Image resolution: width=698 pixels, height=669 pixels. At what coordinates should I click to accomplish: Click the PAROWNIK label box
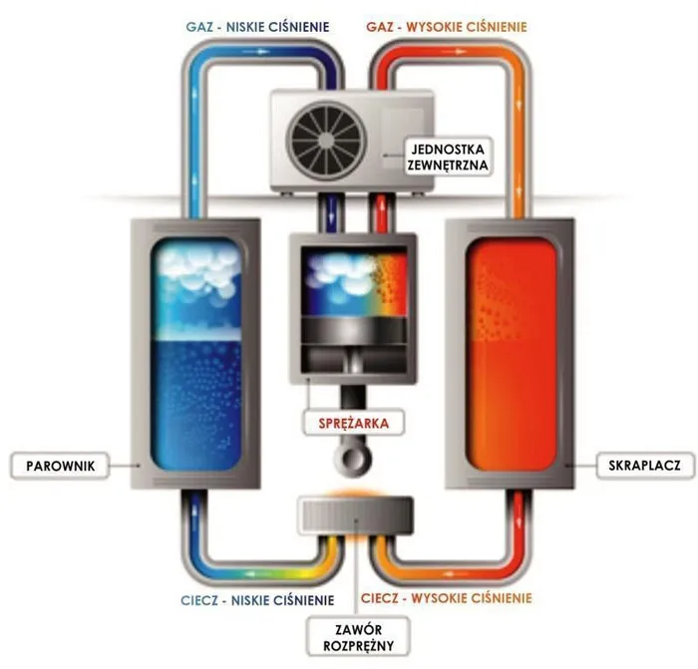pos(60,466)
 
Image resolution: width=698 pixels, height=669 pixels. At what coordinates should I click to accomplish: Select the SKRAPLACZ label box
pos(645,466)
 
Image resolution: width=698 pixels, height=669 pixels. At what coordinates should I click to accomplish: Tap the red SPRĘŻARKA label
pos(353,423)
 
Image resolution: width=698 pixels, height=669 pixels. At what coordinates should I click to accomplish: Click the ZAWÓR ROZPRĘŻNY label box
pos(358,637)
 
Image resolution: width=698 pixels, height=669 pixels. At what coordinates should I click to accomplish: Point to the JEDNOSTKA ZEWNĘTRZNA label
pos(448,157)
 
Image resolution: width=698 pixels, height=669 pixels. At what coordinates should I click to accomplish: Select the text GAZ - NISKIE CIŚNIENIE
pos(257,27)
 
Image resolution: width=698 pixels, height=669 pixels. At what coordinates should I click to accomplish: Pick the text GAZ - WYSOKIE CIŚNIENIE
pos(447,27)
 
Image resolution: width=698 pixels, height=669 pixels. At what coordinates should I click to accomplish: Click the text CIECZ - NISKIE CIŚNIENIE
pos(257,600)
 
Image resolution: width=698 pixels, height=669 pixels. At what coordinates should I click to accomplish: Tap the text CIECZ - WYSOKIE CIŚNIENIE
pos(446,598)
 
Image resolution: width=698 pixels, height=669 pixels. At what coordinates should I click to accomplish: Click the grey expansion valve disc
pos(355,515)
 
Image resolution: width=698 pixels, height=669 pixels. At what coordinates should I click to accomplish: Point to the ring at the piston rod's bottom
pos(353,458)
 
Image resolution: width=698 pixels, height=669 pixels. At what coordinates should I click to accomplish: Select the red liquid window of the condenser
pos(511,355)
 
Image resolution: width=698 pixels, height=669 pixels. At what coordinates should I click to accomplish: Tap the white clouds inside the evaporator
pos(198,268)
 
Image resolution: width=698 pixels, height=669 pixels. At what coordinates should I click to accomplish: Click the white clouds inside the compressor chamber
pos(344,273)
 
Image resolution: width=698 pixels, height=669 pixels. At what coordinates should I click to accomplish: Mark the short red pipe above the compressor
pos(381,213)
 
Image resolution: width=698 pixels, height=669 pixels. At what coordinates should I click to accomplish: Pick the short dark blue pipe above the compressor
pos(330,213)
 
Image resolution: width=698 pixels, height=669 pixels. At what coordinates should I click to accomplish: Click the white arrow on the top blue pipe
pos(256,52)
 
